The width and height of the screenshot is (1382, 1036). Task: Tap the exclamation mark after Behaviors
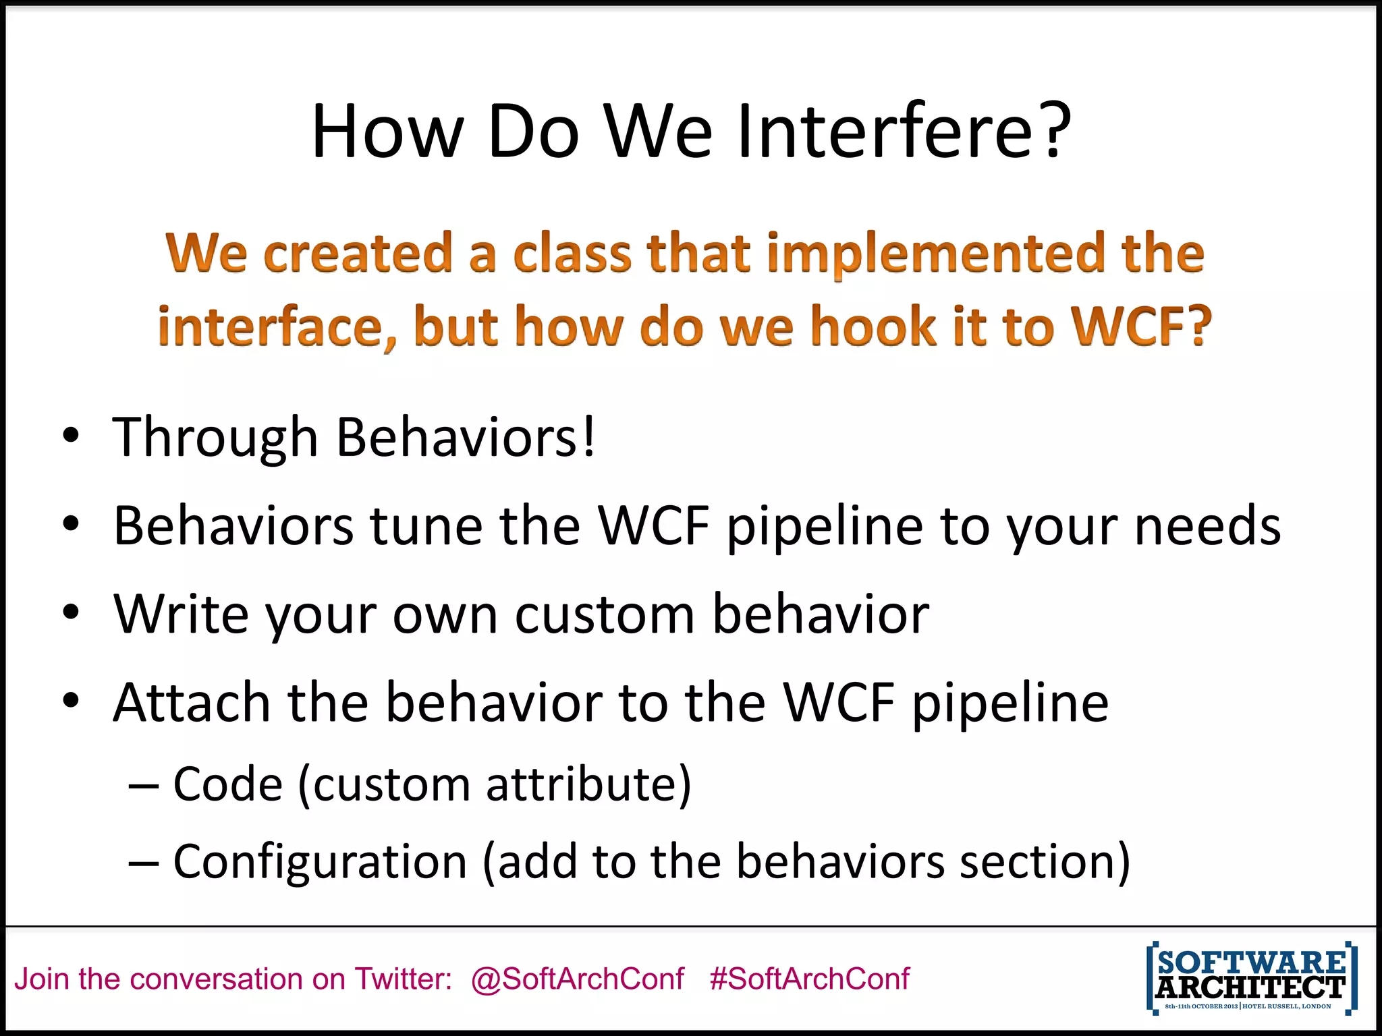589,436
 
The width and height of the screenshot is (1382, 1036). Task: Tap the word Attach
192,702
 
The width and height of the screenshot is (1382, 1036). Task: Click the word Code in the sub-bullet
227,784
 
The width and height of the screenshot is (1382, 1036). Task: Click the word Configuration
320,862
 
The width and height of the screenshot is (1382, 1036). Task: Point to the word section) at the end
1045,862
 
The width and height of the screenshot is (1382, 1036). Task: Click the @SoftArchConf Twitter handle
578,979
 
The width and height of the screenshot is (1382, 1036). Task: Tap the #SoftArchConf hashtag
809,979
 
